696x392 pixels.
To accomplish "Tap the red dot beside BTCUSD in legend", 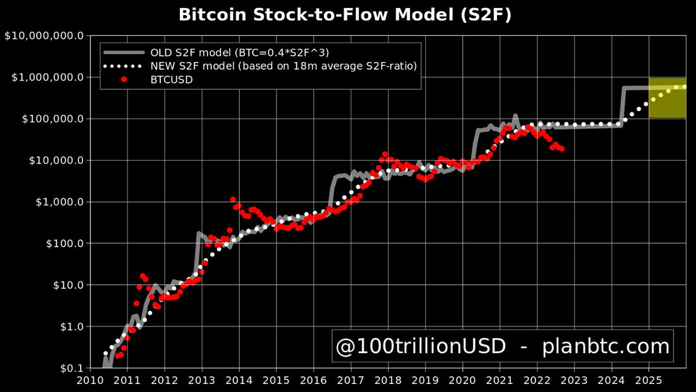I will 124,80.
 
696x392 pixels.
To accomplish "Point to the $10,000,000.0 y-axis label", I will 44,36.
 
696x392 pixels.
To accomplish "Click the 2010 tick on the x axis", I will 90,380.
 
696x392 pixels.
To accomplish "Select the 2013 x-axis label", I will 202,380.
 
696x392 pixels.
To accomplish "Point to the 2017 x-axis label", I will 350,380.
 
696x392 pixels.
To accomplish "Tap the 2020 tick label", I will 462,380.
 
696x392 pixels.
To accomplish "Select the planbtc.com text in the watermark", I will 606,347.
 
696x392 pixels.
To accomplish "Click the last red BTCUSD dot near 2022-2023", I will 562,149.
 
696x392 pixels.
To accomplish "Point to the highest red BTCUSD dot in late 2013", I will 233,199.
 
